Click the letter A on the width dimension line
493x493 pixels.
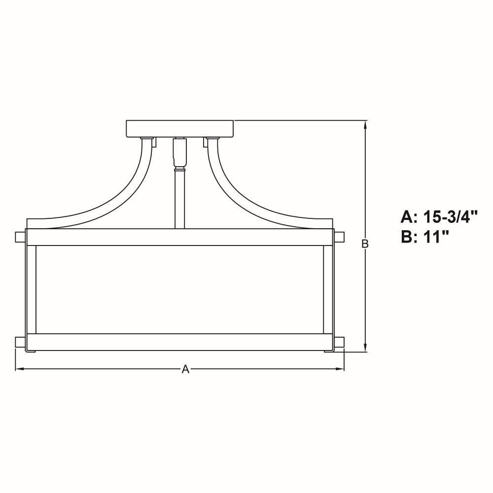(x=185, y=369)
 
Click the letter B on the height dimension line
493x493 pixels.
(x=365, y=244)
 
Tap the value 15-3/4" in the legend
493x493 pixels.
(x=451, y=217)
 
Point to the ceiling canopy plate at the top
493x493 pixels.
(x=179, y=129)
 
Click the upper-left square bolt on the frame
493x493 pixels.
(x=20, y=237)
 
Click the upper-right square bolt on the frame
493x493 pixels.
(x=339, y=237)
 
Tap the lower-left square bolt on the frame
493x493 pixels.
(x=20, y=342)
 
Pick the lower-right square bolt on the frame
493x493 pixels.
(x=339, y=342)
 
